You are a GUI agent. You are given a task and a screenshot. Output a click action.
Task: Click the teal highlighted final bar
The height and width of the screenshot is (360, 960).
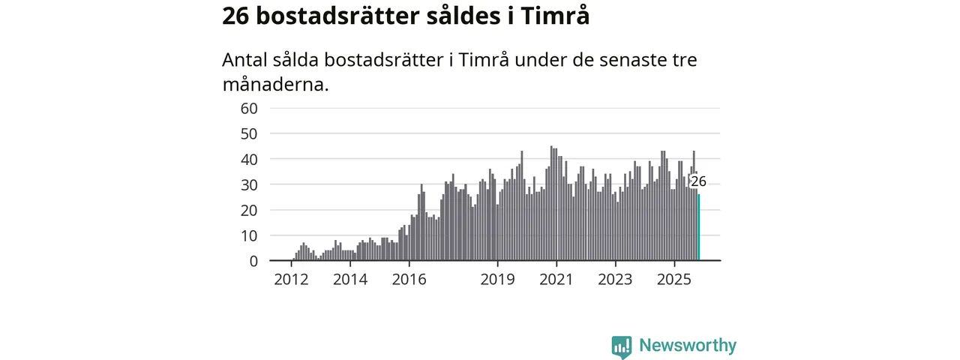(x=699, y=228)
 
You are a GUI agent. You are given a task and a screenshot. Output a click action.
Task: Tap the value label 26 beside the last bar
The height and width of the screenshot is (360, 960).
(x=698, y=181)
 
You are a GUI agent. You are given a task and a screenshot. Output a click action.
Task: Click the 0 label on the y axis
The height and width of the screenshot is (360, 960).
(x=253, y=261)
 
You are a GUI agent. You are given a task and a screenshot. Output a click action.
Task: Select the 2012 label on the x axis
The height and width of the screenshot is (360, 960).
(x=291, y=280)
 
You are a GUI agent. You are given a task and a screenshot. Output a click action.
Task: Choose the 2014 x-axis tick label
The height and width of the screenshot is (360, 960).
(x=350, y=280)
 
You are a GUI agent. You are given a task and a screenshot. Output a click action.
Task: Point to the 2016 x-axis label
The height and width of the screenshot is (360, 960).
(x=409, y=280)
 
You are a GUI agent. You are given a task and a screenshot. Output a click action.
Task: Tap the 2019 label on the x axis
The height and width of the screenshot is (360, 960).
(x=497, y=280)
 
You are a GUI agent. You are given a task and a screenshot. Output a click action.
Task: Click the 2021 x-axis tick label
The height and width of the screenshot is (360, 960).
(x=556, y=280)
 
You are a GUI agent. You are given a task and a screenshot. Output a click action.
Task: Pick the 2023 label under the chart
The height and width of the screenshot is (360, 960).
(x=615, y=280)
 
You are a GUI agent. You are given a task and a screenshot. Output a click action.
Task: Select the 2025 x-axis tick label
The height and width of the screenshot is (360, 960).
(x=673, y=280)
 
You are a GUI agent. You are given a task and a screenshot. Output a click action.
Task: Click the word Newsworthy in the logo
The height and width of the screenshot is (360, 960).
(x=687, y=346)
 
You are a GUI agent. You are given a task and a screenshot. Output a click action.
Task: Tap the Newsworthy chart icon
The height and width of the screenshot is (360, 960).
(x=621, y=346)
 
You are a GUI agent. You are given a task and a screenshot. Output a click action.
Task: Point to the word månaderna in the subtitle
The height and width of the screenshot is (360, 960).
(x=275, y=84)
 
